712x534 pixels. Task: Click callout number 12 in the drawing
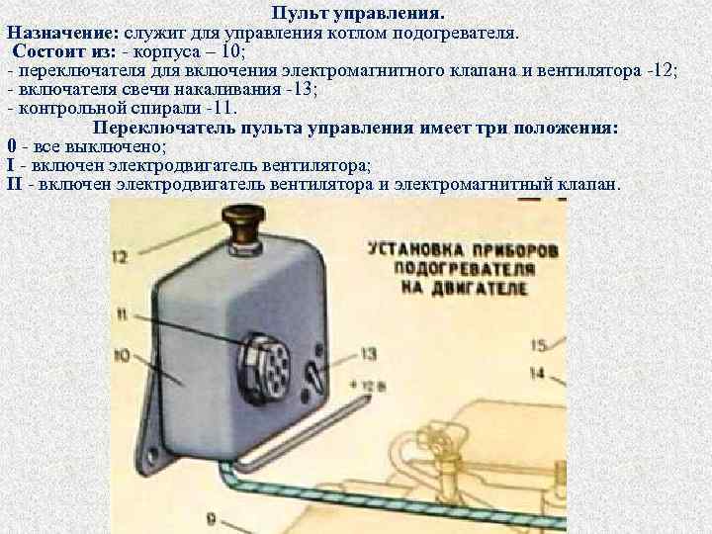(122, 257)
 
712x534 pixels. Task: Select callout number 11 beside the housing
(122, 315)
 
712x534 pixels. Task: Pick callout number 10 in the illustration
(124, 354)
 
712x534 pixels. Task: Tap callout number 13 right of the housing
(368, 353)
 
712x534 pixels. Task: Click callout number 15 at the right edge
(538, 345)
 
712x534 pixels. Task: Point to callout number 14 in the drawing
(538, 373)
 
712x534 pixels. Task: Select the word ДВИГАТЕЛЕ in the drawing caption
(489, 288)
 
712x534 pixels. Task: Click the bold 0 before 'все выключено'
(11, 146)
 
